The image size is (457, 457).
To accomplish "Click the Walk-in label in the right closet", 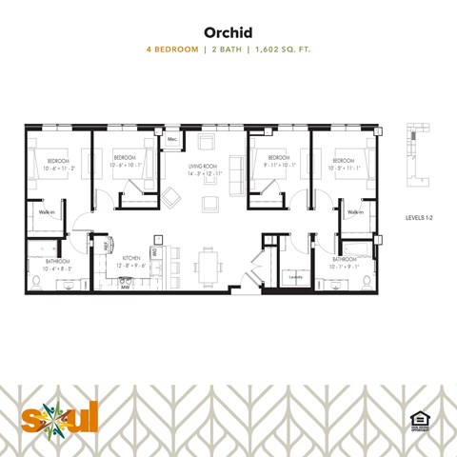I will point(355,212).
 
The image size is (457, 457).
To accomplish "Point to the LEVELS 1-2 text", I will point(419,218).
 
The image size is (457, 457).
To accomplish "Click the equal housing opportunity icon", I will point(416,419).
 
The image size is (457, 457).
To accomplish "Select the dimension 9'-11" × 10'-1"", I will point(278,164).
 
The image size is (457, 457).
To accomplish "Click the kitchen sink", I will point(125,277).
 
